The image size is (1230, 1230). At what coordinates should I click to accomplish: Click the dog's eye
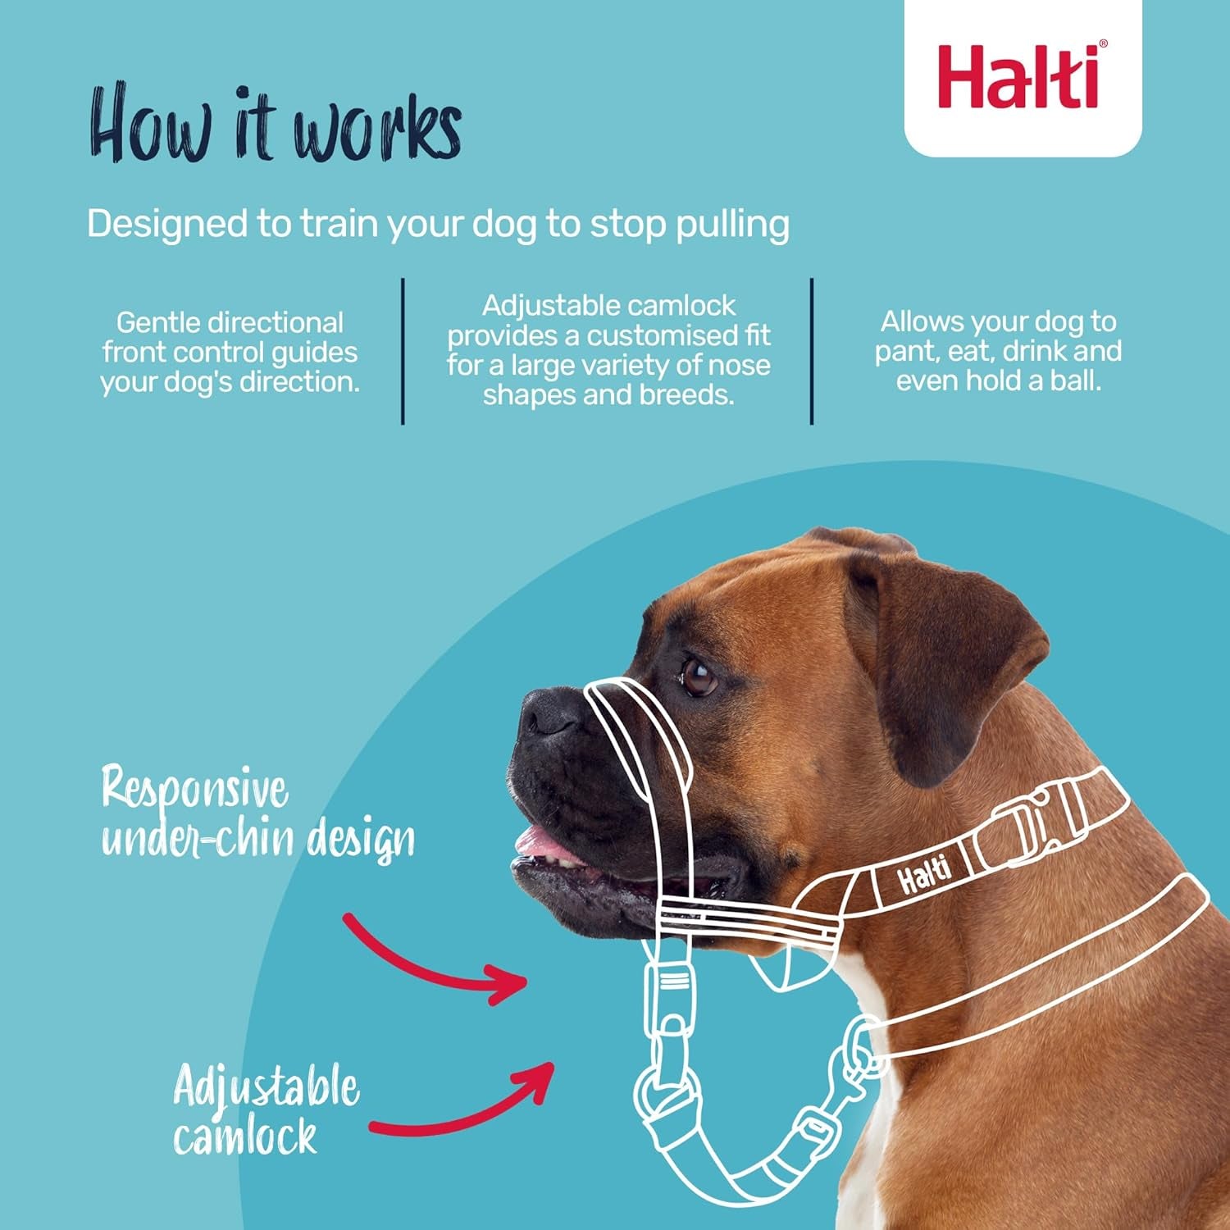[x=699, y=677]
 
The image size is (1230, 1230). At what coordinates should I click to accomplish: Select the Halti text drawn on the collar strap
[x=924, y=875]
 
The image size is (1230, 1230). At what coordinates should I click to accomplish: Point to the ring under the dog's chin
[x=666, y=1091]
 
